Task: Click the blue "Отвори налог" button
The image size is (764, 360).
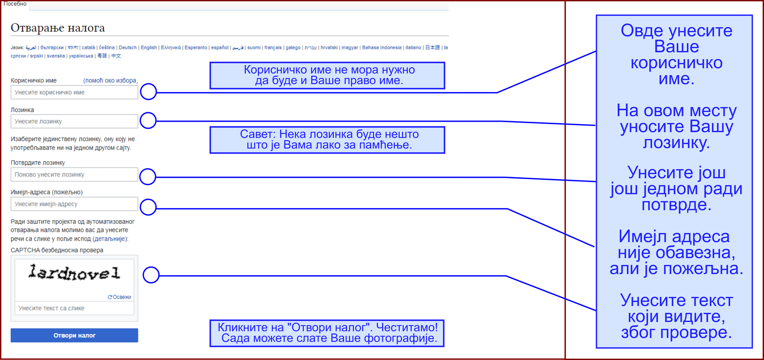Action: click(x=74, y=335)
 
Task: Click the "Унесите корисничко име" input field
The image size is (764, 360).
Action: click(x=74, y=92)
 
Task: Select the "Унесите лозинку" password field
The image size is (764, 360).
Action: click(x=74, y=121)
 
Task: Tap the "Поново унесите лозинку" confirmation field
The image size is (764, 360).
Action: click(x=74, y=174)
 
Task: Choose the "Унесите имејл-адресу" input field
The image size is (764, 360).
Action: click(x=74, y=204)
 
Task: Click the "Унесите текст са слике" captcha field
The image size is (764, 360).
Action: click(x=74, y=308)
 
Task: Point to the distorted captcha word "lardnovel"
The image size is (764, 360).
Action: click(x=74, y=273)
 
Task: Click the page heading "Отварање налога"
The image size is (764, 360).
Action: click(x=58, y=28)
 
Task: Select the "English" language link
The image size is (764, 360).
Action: click(x=149, y=48)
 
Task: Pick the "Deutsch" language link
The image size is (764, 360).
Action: click(x=127, y=48)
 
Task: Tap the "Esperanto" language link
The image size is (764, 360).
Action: click(x=196, y=48)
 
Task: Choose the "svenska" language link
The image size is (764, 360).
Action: click(x=56, y=56)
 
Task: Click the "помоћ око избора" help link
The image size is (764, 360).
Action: click(x=110, y=81)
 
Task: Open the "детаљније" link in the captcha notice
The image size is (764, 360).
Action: click(x=110, y=239)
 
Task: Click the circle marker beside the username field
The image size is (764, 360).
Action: click(x=149, y=92)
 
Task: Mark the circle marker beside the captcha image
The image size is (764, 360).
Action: click(x=151, y=275)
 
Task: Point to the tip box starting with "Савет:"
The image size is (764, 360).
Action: click(x=327, y=140)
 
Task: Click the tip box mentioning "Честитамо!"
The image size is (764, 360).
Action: click(x=327, y=333)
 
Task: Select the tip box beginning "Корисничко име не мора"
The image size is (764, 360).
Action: click(x=327, y=75)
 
